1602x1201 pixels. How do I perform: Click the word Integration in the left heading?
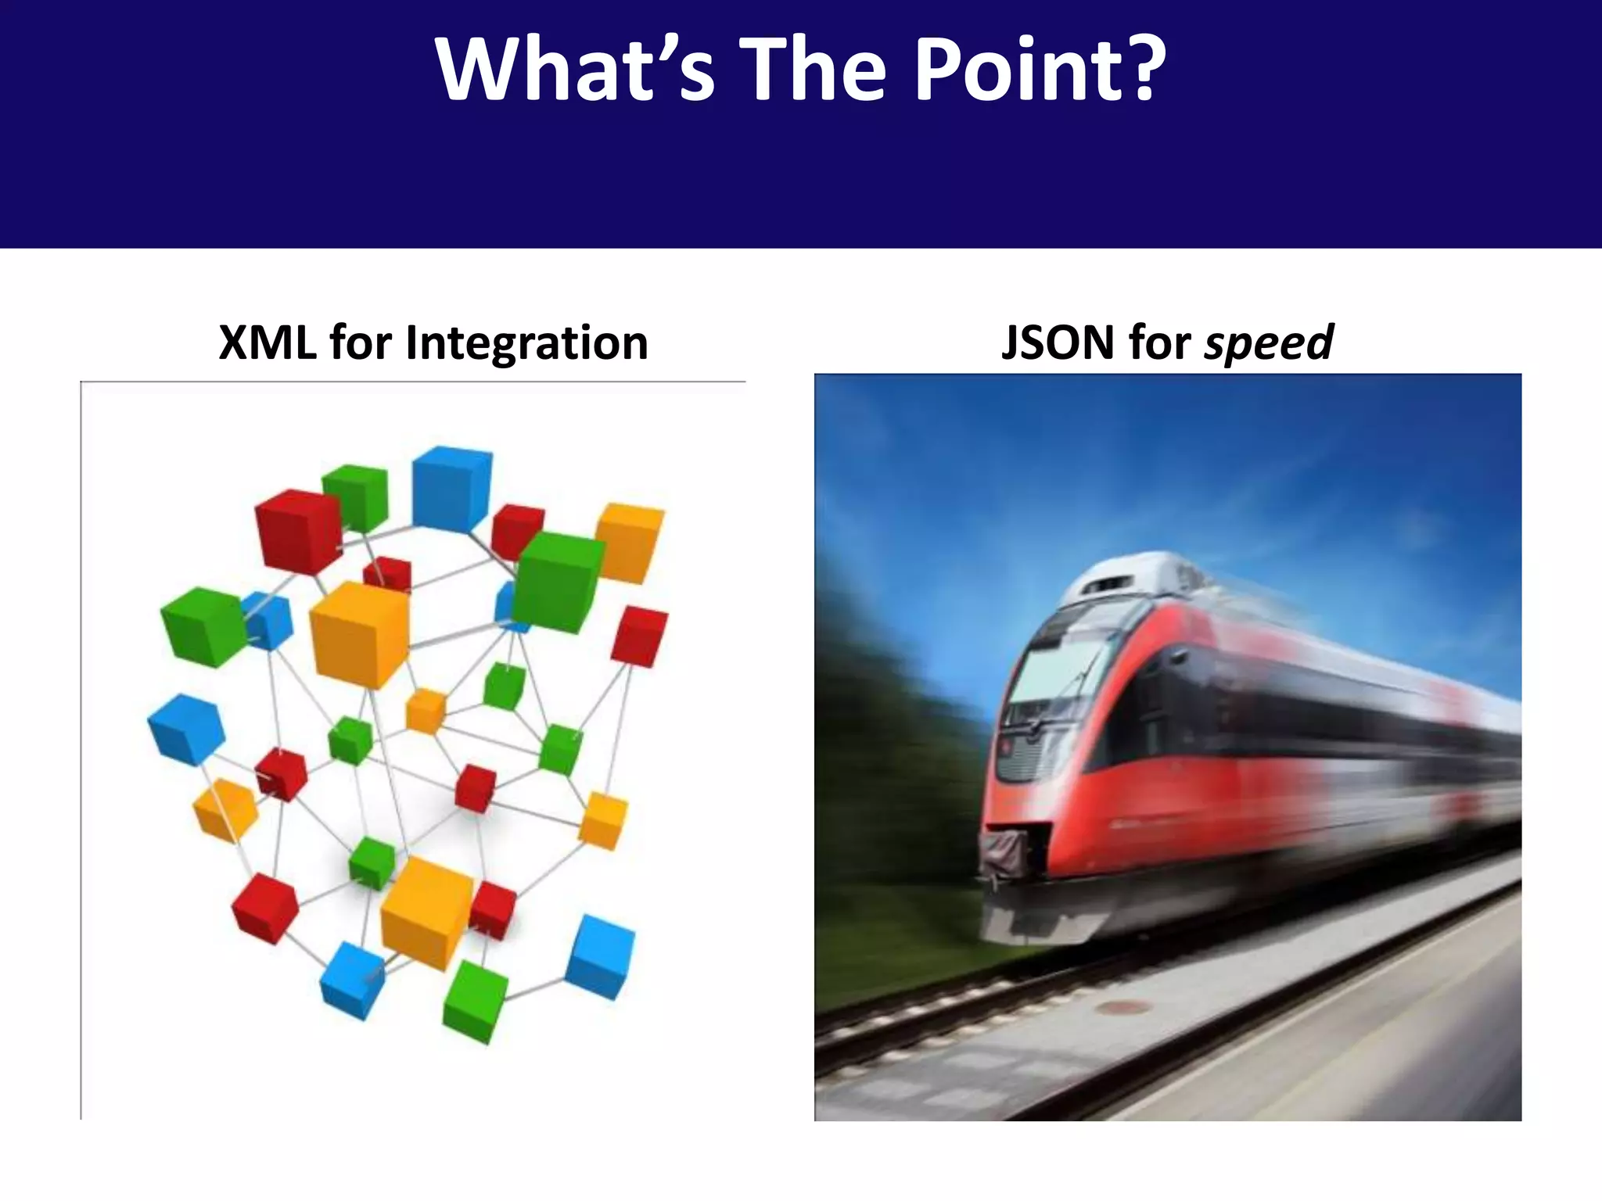[526, 344]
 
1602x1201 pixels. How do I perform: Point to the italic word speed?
[1269, 344]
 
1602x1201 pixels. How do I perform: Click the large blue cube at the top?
[451, 489]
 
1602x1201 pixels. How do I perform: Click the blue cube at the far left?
[186, 730]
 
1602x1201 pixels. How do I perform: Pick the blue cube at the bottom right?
[599, 957]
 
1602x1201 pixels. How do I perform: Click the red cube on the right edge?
[639, 636]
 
